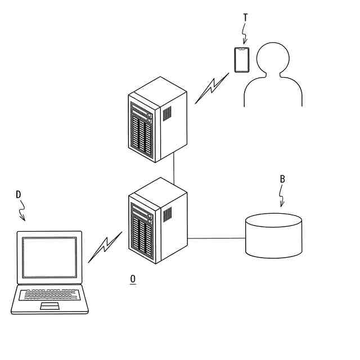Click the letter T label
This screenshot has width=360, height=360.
(x=245, y=17)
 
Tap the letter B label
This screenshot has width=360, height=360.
(x=282, y=179)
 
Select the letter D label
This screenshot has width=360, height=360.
(x=18, y=195)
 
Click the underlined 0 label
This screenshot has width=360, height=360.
(x=133, y=279)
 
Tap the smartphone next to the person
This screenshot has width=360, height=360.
(x=242, y=60)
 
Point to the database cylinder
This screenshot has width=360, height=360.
(x=274, y=236)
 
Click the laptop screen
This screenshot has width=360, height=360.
(x=49, y=257)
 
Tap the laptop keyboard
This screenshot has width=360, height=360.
(x=49, y=294)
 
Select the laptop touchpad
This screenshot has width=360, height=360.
(x=49, y=306)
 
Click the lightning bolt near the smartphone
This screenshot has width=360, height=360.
(x=211, y=88)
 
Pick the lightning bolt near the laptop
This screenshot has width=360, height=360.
(x=105, y=247)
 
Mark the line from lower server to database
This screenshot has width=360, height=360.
(x=217, y=238)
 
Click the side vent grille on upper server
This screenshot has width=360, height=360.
(x=167, y=113)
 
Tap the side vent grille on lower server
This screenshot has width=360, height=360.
(x=167, y=214)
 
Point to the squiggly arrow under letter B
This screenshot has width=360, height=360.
(x=281, y=196)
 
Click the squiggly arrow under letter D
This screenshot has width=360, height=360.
(x=22, y=210)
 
